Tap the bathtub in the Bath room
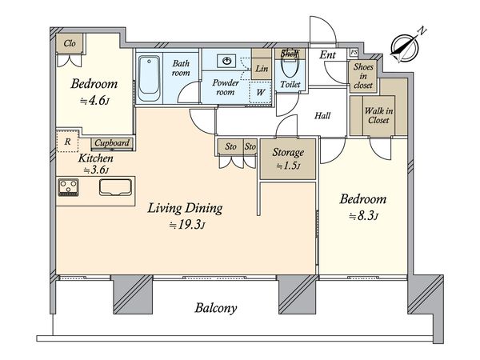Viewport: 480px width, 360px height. (x=149, y=78)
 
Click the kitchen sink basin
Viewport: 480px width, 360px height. (x=115, y=187)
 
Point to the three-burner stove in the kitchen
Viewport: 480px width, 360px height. (x=69, y=187)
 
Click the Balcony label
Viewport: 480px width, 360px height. (x=216, y=308)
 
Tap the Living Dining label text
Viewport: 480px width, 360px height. (x=186, y=208)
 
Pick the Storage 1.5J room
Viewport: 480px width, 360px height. (x=288, y=159)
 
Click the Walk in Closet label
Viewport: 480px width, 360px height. (x=378, y=115)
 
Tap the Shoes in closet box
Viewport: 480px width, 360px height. (x=363, y=76)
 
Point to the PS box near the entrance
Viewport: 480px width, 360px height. (x=354, y=52)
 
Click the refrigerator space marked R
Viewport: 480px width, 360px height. (x=67, y=142)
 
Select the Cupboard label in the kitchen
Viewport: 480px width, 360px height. (x=112, y=143)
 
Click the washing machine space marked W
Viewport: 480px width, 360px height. (x=260, y=93)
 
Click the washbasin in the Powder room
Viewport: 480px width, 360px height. (x=226, y=61)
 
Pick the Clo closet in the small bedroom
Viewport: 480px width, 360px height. (x=70, y=43)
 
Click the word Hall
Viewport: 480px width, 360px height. (x=322, y=116)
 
